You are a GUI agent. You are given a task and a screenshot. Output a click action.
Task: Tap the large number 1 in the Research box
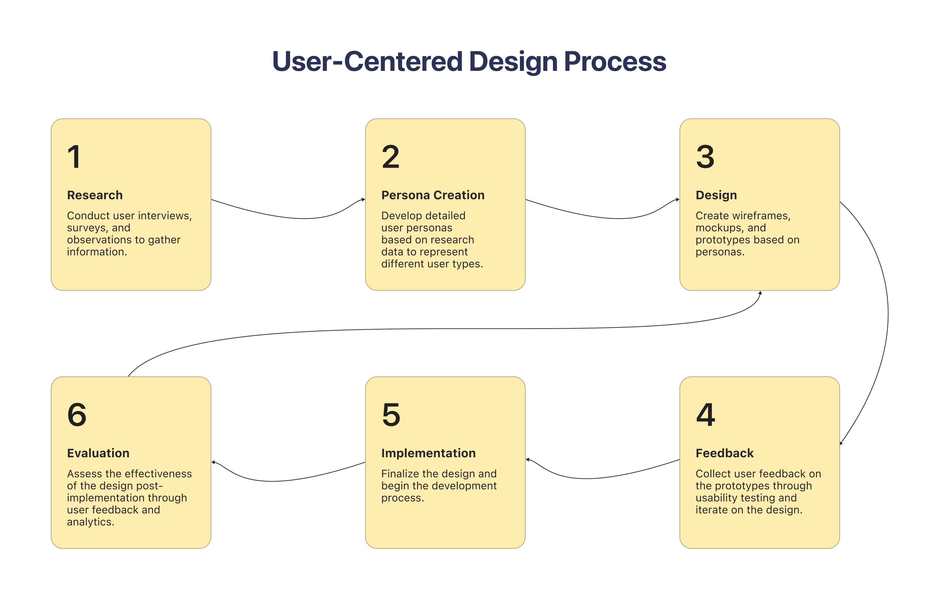pyautogui.click(x=74, y=157)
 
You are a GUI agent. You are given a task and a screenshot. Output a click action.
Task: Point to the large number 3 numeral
pyautogui.click(x=705, y=157)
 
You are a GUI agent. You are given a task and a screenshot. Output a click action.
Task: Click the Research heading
pyautogui.click(x=95, y=195)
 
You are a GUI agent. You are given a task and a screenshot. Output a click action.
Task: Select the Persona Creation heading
pyautogui.click(x=433, y=195)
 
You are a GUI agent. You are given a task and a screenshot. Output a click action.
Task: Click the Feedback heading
pyautogui.click(x=725, y=453)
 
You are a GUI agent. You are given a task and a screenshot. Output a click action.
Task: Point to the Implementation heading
pyautogui.click(x=428, y=453)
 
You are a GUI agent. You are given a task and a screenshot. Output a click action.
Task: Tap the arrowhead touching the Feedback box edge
pyautogui.click(x=841, y=443)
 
